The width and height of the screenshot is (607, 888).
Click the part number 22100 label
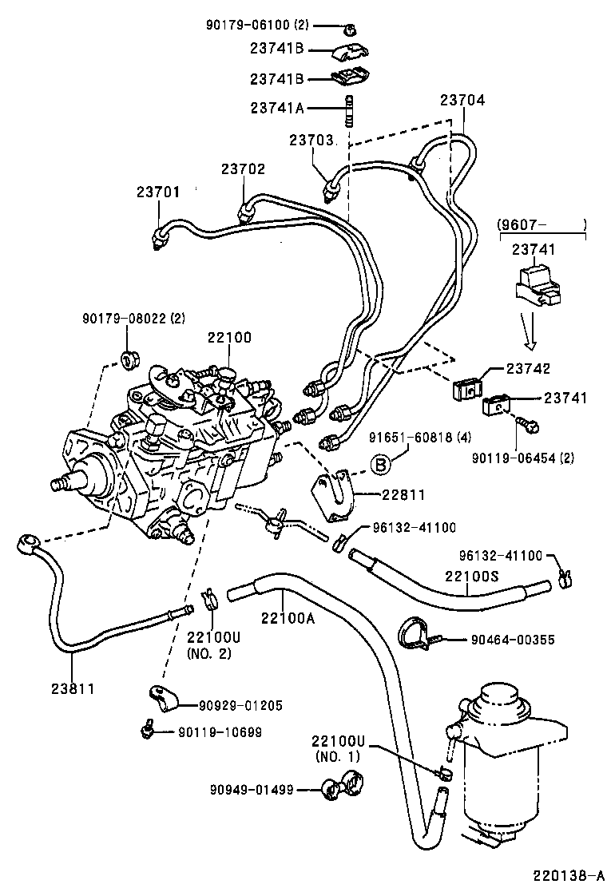click(230, 338)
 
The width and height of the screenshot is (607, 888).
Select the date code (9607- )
click(542, 225)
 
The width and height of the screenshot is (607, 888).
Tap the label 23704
click(462, 101)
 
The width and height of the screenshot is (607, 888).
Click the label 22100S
click(472, 577)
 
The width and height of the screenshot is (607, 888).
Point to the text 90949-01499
click(252, 790)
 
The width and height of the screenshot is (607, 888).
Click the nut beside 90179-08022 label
click(128, 356)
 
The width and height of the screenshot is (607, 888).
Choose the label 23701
click(157, 192)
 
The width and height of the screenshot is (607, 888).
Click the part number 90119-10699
click(219, 731)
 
